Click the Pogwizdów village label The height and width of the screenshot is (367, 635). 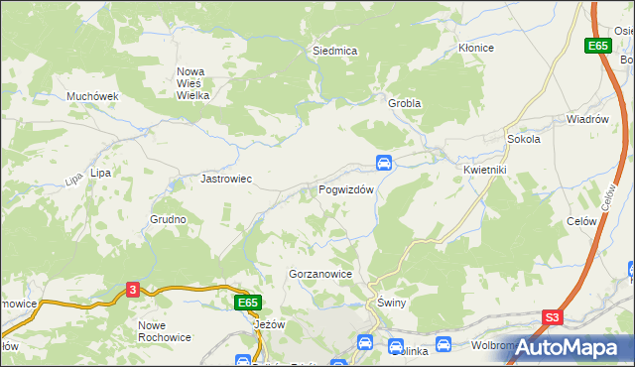[345, 189]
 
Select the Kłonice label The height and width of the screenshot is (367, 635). [475, 48]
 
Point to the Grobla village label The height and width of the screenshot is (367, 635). [404, 103]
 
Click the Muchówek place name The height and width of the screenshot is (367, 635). [92, 96]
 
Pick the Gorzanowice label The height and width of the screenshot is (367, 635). [320, 273]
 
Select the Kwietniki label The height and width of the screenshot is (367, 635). [484, 170]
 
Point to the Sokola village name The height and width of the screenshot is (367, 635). [523, 140]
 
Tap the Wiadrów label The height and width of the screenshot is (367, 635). [586, 119]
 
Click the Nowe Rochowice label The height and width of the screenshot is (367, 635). [165, 332]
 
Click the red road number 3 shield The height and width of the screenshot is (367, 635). [134, 290]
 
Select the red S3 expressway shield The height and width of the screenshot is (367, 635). [553, 318]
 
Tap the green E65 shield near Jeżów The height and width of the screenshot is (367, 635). [248, 302]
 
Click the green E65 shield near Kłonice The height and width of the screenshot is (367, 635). [596, 46]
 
